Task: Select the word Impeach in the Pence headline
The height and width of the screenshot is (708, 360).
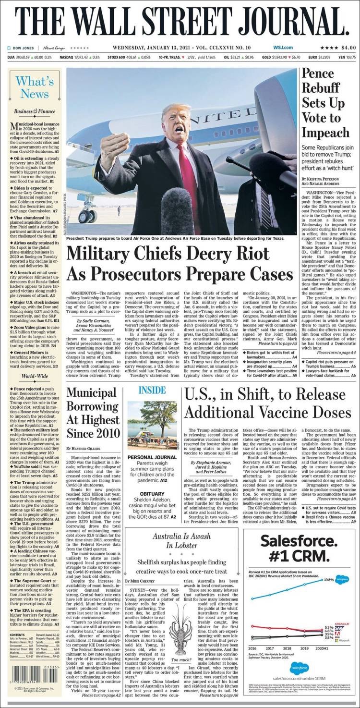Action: point(325,133)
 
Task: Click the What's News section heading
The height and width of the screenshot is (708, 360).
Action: point(35,87)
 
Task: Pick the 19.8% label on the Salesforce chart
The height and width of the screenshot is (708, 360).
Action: point(328,580)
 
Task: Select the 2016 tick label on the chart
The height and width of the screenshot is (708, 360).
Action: point(252,648)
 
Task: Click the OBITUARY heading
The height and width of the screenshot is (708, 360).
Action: point(152,494)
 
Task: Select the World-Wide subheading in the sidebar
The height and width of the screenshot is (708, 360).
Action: point(34,376)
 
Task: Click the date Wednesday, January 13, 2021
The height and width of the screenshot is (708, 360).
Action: point(163,48)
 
